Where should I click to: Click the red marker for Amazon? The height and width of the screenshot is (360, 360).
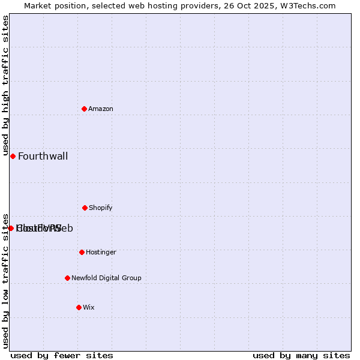pyautogui.click(x=85, y=109)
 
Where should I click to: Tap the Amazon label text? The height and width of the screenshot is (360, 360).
pyautogui.click(x=101, y=109)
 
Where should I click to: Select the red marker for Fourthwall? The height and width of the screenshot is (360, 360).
pyautogui.click(x=13, y=156)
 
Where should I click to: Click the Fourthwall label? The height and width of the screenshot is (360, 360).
pyautogui.click(x=43, y=157)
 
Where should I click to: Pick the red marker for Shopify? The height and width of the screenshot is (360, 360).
pyautogui.click(x=85, y=208)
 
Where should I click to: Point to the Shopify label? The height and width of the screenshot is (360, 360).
pyautogui.click(x=101, y=208)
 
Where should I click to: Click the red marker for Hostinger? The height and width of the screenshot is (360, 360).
pyautogui.click(x=82, y=252)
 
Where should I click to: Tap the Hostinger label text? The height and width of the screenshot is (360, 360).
pyautogui.click(x=101, y=252)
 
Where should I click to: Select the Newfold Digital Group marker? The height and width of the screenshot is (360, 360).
pyautogui.click(x=67, y=278)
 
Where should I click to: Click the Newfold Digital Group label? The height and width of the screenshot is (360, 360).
pyautogui.click(x=106, y=278)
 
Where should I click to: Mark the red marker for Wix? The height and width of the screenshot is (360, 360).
pyautogui.click(x=79, y=307)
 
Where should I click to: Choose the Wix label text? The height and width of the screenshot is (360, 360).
pyautogui.click(x=89, y=307)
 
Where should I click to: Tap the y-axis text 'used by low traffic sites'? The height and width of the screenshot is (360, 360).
pyautogui.click(x=6, y=280)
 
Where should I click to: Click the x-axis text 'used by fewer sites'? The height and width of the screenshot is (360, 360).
pyautogui.click(x=62, y=356)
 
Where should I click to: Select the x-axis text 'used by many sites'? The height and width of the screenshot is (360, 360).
pyautogui.click(x=301, y=356)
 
